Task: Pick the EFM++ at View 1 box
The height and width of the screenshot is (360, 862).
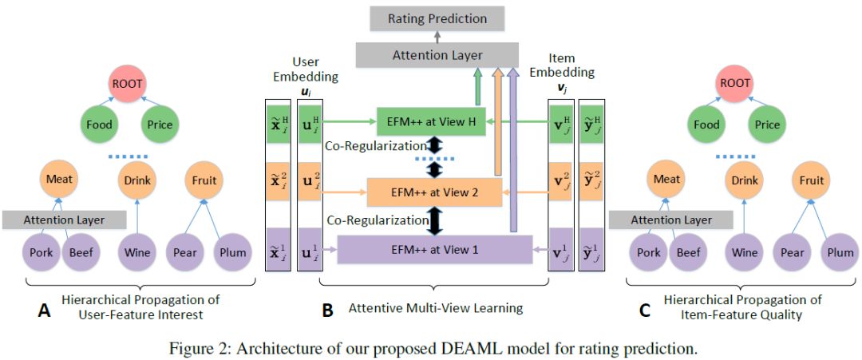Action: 435,249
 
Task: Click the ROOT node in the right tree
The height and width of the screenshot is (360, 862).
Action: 734,82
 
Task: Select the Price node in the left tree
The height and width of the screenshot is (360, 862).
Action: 160,125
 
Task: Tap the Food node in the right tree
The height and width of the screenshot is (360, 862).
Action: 706,125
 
